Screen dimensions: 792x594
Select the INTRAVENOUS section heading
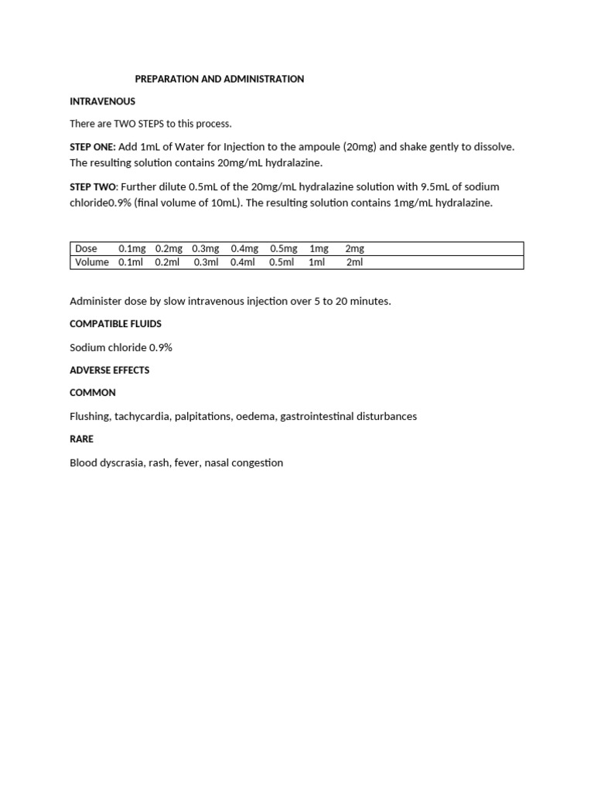(x=102, y=101)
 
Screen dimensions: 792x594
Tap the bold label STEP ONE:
(x=93, y=147)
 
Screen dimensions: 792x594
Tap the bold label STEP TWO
(x=93, y=187)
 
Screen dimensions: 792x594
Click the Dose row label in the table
(x=86, y=249)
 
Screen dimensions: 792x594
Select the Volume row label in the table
(x=92, y=262)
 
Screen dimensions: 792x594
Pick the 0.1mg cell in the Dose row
(x=131, y=249)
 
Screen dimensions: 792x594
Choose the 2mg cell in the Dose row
(x=354, y=249)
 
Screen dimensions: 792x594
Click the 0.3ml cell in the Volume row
(x=207, y=262)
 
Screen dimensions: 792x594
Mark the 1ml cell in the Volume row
(x=317, y=262)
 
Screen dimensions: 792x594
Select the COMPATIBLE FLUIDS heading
(x=115, y=323)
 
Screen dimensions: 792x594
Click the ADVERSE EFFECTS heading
(x=109, y=370)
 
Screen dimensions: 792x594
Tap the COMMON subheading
(x=93, y=392)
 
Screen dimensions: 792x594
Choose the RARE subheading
(x=81, y=439)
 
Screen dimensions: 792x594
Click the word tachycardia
(x=142, y=416)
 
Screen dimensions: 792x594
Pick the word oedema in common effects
(x=256, y=416)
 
